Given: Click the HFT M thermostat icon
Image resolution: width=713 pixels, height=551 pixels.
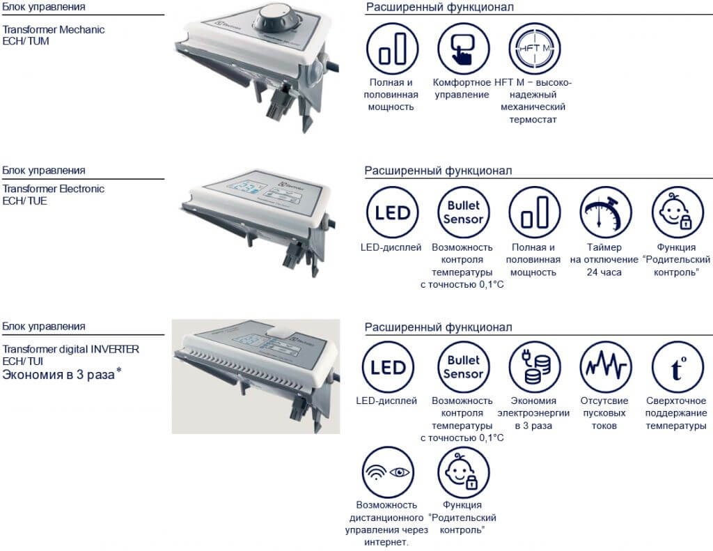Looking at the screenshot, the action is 534,49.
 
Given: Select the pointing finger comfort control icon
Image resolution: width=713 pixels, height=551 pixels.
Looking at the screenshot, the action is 463,49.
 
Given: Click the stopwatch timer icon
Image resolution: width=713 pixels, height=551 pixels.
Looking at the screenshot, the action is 605,212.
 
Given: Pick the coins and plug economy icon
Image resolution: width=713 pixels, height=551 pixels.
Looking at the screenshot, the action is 534,367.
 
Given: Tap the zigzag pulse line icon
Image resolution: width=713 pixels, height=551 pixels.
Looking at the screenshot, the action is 605,367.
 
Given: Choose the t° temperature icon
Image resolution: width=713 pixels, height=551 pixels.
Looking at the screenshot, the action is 677,367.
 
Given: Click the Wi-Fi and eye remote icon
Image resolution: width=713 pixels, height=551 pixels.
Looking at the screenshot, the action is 388,472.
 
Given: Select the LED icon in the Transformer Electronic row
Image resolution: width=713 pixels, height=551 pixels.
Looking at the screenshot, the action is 392,212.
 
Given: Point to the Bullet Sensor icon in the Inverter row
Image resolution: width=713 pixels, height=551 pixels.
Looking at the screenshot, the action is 463,367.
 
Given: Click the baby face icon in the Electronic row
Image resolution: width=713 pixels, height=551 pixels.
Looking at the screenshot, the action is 677,212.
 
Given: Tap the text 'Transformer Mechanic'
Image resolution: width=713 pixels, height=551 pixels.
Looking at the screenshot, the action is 54,29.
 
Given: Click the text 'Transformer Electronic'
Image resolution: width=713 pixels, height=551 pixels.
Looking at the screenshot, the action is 54,189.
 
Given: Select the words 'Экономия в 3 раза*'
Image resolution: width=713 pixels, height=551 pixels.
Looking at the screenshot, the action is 62,375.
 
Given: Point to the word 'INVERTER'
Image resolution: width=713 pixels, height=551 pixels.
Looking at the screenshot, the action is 115,349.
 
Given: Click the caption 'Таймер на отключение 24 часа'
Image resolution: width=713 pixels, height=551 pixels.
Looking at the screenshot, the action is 604,260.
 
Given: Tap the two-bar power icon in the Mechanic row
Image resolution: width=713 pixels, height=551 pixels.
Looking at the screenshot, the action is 392,49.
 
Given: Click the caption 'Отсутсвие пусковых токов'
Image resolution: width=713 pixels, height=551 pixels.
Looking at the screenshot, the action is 604,413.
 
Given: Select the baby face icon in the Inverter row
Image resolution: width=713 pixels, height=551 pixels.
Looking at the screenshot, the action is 463,472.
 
